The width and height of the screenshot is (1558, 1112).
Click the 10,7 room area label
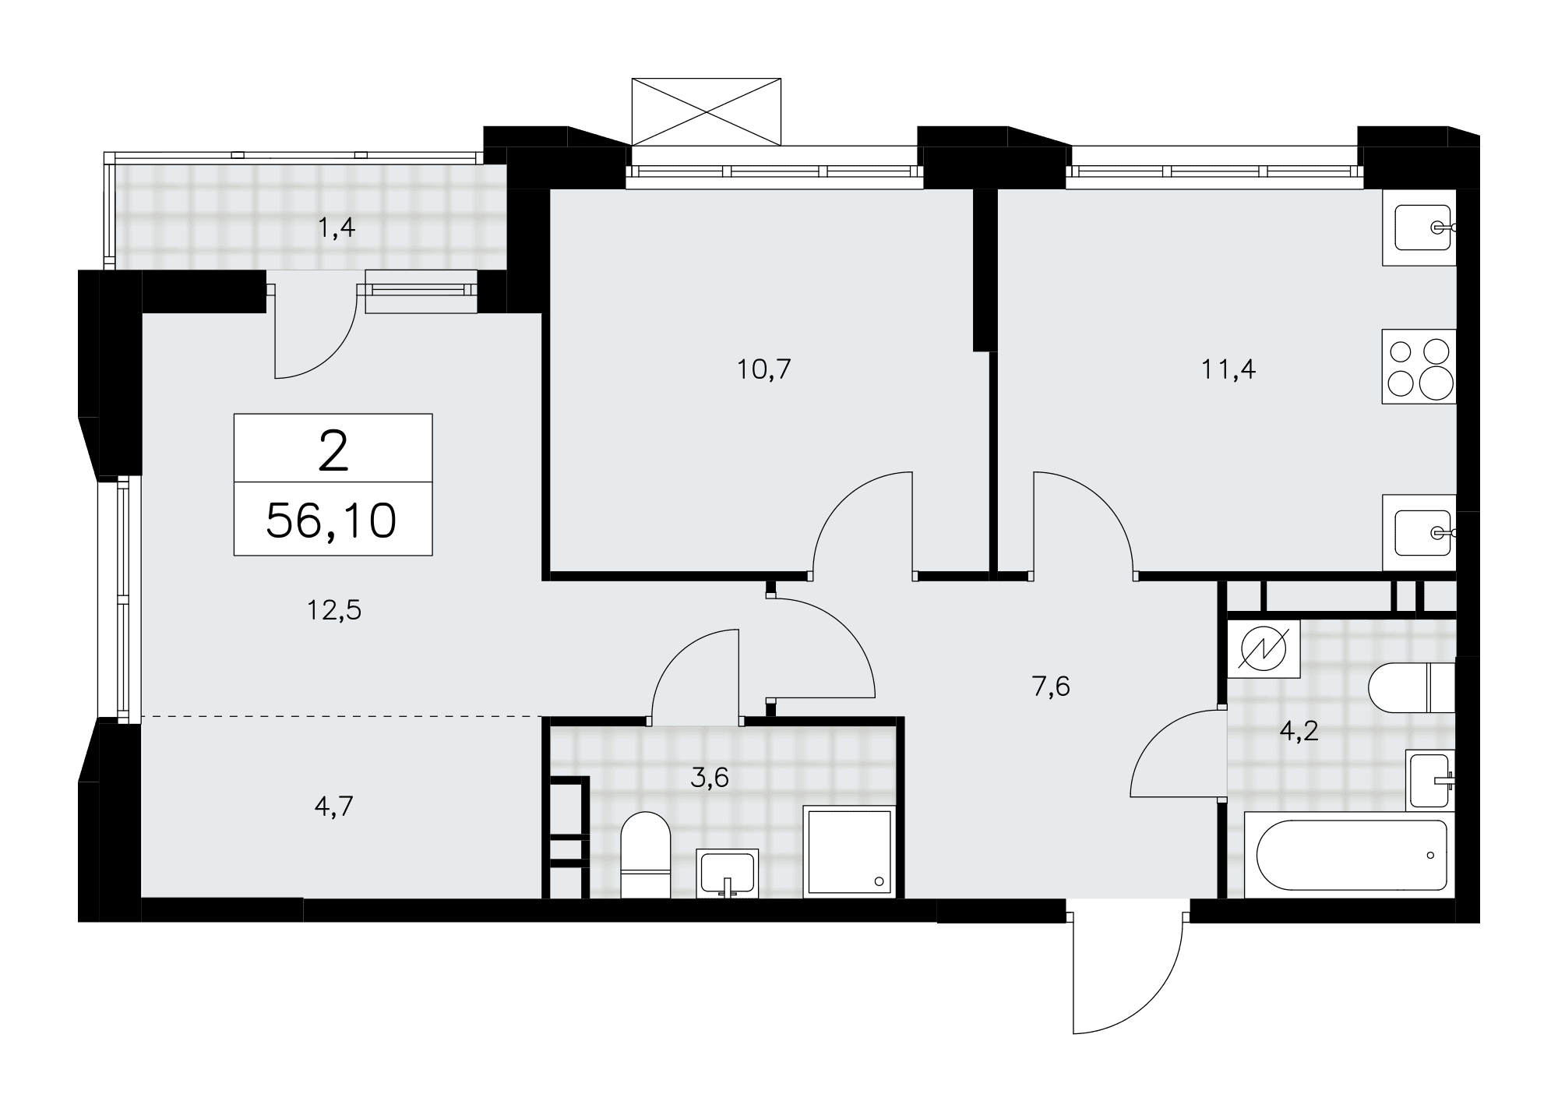point(764,369)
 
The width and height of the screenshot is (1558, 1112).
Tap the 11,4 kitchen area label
point(1228,369)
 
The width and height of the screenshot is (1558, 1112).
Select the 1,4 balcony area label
point(337,228)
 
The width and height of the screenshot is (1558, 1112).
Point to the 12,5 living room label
point(333,610)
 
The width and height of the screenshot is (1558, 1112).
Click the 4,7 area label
point(334,806)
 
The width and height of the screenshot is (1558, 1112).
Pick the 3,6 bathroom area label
point(709,777)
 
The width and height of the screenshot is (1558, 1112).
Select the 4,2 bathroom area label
point(1299,731)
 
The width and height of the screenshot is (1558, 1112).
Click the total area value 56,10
point(332,521)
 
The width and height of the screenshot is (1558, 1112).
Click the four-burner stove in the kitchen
point(1419,366)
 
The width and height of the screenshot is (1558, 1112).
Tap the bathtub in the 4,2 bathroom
point(1351,854)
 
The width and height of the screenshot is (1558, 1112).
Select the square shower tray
point(849,851)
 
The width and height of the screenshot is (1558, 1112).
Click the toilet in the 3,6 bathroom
point(646,855)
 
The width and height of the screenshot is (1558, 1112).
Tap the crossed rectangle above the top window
point(706,111)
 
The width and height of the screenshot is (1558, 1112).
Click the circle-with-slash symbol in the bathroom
point(1263,647)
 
